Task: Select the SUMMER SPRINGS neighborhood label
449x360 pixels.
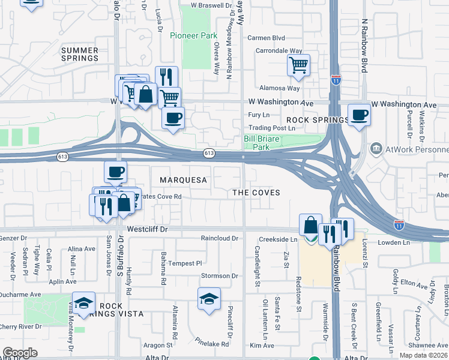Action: (80, 53)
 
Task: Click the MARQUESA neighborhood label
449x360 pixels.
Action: (183, 180)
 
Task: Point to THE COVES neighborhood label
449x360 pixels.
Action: (256, 192)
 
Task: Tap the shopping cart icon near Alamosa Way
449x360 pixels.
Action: (298, 65)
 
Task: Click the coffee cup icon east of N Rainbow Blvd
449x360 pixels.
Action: (359, 115)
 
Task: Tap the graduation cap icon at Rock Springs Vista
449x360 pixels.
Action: (84, 302)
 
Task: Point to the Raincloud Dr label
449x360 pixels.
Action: (220, 238)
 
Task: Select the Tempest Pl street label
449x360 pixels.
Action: (185, 263)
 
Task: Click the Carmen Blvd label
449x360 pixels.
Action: (266, 37)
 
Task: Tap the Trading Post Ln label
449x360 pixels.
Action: (272, 128)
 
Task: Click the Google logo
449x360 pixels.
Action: (20, 353)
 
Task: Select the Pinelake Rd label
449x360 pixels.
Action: (212, 344)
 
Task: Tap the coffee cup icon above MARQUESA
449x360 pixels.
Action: (115, 171)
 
